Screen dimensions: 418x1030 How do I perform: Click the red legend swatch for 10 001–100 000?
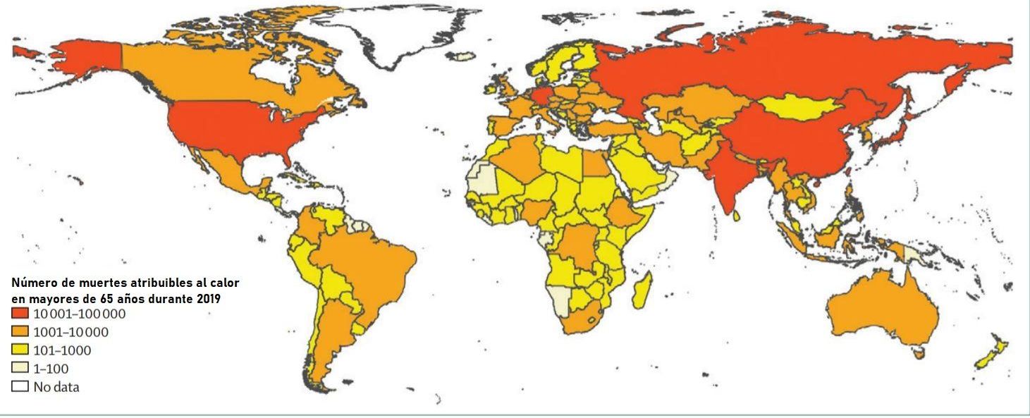(x=20, y=314)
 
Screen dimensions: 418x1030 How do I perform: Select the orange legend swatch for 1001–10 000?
(x=20, y=332)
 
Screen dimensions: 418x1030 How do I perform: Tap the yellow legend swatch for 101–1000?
(x=20, y=350)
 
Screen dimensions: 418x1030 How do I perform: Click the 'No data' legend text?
(x=56, y=387)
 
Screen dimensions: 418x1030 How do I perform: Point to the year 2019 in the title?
(x=208, y=298)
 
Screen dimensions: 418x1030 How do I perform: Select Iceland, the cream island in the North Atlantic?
(x=462, y=56)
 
